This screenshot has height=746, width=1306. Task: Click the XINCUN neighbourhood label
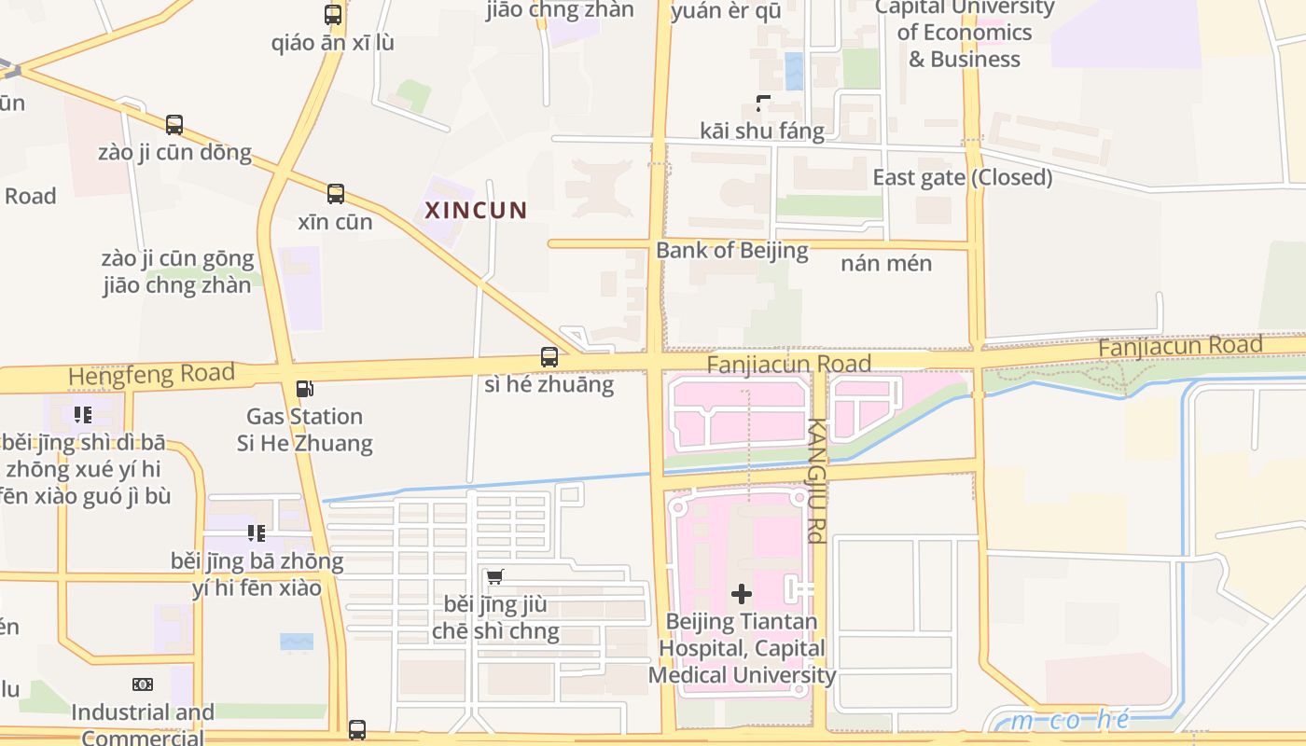pyautogui.click(x=476, y=210)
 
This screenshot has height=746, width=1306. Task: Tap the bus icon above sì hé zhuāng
pyautogui.click(x=549, y=356)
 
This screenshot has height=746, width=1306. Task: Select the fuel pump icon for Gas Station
pyautogui.click(x=304, y=389)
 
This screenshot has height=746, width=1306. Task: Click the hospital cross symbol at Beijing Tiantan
pyautogui.click(x=742, y=593)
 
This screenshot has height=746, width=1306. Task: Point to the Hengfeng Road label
pyautogui.click(x=151, y=375)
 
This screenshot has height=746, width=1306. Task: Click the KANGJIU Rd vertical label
pyautogui.click(x=815, y=480)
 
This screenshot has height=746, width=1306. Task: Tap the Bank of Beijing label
pyautogui.click(x=731, y=250)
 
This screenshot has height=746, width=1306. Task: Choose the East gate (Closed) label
pyautogui.click(x=962, y=177)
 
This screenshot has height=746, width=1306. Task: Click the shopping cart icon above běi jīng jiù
pyautogui.click(x=495, y=576)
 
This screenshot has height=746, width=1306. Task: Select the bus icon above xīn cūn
pyautogui.click(x=336, y=194)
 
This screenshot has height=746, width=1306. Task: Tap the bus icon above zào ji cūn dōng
pyautogui.click(x=174, y=124)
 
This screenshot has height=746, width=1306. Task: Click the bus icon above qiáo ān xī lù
pyautogui.click(x=333, y=15)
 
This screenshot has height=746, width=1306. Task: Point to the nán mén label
pyautogui.click(x=886, y=263)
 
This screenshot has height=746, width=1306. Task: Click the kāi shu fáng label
pyautogui.click(x=762, y=131)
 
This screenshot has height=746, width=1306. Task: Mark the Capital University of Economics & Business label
pyautogui.click(x=964, y=33)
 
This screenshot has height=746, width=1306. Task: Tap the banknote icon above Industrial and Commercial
pyautogui.click(x=143, y=684)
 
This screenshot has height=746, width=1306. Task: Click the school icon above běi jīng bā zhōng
pyautogui.click(x=257, y=533)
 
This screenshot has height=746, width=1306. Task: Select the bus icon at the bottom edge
pyautogui.click(x=357, y=729)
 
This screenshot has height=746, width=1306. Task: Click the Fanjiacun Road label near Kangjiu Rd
pyautogui.click(x=788, y=364)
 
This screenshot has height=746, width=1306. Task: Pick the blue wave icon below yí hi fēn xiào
pyautogui.click(x=297, y=642)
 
